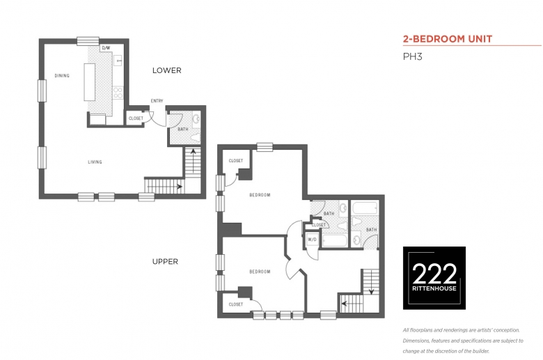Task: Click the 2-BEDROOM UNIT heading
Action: [x=448, y=39]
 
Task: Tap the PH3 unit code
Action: [x=412, y=56]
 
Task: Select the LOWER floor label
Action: [x=167, y=70]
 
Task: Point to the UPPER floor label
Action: [x=165, y=262]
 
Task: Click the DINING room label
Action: [x=62, y=75]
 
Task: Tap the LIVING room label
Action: [x=95, y=162]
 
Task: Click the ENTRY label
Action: [x=157, y=101]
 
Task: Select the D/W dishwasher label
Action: [x=107, y=48]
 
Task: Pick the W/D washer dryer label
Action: [x=312, y=240]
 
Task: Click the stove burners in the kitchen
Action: [x=118, y=93]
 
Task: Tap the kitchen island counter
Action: [x=89, y=82]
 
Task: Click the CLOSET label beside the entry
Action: [x=136, y=118]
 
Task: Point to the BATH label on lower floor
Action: [x=183, y=130]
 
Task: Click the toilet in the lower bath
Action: [x=196, y=138]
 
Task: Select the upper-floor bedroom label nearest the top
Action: [x=260, y=195]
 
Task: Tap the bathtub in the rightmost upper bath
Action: [x=365, y=208]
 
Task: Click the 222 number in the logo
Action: [x=434, y=274]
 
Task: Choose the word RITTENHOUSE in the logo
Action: [x=434, y=288]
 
